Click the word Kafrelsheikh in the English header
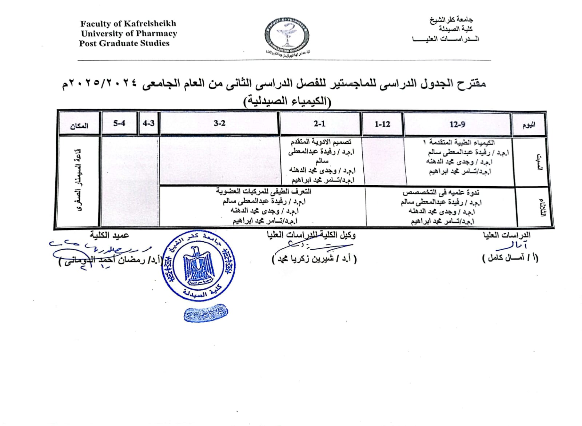click(150, 24)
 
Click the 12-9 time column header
click(457, 124)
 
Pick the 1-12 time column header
click(382, 124)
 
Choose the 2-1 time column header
click(319, 124)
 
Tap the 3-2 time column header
click(219, 123)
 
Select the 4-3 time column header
click(148, 123)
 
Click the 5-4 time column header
click(119, 123)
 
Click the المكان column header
click(79, 126)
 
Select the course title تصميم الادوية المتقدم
click(321, 142)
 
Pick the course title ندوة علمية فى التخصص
click(441, 192)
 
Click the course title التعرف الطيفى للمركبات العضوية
click(263, 191)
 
